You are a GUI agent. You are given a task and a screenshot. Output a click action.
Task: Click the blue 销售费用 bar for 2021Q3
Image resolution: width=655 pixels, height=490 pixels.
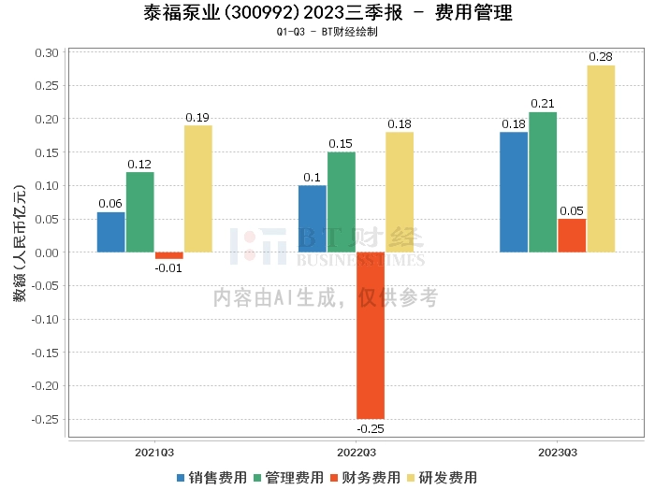point(110,232)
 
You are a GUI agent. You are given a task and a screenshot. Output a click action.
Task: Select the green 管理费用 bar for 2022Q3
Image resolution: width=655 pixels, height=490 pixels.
point(341,202)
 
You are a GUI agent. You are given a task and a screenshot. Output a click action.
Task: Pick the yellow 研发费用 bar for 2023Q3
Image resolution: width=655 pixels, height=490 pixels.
point(601,159)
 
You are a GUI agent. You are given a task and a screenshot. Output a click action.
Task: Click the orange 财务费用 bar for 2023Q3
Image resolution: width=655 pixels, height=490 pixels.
point(572,236)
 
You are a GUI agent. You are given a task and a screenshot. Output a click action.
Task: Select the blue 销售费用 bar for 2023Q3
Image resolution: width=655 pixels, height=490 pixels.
point(514,192)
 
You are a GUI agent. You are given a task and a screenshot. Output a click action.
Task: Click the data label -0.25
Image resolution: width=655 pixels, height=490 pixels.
point(371,429)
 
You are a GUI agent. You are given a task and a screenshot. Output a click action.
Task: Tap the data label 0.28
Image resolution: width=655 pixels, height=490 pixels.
point(601,57)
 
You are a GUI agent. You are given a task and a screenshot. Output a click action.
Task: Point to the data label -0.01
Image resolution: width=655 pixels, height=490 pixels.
point(169,268)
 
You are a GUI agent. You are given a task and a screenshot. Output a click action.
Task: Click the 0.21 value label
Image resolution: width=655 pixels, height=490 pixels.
point(543,103)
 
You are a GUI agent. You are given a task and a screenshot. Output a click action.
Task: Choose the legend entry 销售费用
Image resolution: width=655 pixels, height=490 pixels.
point(211,477)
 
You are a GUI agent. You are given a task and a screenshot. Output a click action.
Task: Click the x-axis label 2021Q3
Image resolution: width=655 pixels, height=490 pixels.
point(154,452)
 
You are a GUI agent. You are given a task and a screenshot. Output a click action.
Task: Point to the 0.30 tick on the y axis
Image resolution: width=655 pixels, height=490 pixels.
point(46,52)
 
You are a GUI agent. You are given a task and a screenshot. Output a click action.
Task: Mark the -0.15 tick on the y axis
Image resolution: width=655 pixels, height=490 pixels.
point(44,353)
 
